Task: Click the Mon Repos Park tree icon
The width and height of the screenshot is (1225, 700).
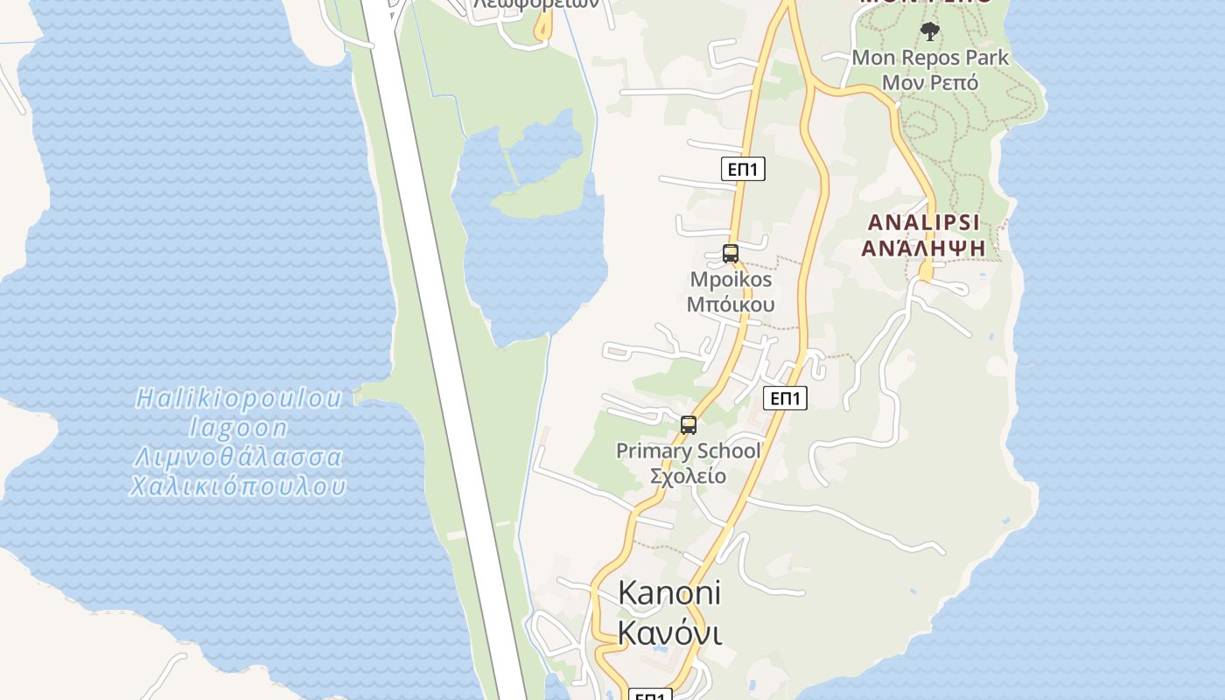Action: pyautogui.click(x=930, y=31)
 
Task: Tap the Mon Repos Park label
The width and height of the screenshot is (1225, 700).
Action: pyautogui.click(x=930, y=59)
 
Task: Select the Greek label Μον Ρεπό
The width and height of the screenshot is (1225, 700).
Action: pyautogui.click(x=929, y=83)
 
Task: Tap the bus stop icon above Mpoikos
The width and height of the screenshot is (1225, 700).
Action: pyautogui.click(x=731, y=255)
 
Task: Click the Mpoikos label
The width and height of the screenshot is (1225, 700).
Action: pyautogui.click(x=731, y=280)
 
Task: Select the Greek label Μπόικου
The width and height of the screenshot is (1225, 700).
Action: pyautogui.click(x=731, y=304)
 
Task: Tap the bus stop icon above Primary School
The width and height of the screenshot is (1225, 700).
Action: pyautogui.click(x=689, y=426)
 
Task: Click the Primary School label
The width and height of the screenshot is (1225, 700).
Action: pyautogui.click(x=688, y=451)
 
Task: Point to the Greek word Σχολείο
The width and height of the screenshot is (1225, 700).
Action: pyautogui.click(x=688, y=476)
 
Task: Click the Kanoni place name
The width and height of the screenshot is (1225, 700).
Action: pyautogui.click(x=669, y=592)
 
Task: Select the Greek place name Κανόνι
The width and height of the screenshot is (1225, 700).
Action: pyautogui.click(x=670, y=633)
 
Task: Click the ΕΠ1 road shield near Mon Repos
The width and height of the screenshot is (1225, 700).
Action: pyautogui.click(x=743, y=169)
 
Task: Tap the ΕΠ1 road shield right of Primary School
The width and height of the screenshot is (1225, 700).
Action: pyautogui.click(x=785, y=398)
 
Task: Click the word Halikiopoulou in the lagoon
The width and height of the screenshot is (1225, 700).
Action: pyautogui.click(x=239, y=399)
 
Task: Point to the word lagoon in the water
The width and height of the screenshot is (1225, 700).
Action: pyautogui.click(x=239, y=428)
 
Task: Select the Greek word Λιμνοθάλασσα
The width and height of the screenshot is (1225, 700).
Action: pyautogui.click(x=238, y=458)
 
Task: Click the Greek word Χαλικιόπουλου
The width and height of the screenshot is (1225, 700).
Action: pyautogui.click(x=238, y=486)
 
